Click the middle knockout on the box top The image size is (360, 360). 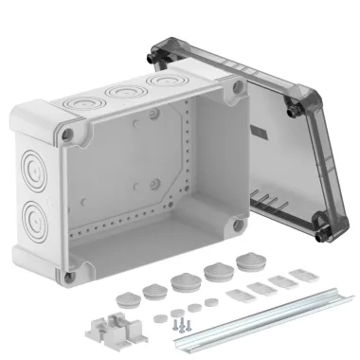pyautogui.click(x=122, y=93)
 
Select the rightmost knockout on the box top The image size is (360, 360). pyautogui.click(x=157, y=86)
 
